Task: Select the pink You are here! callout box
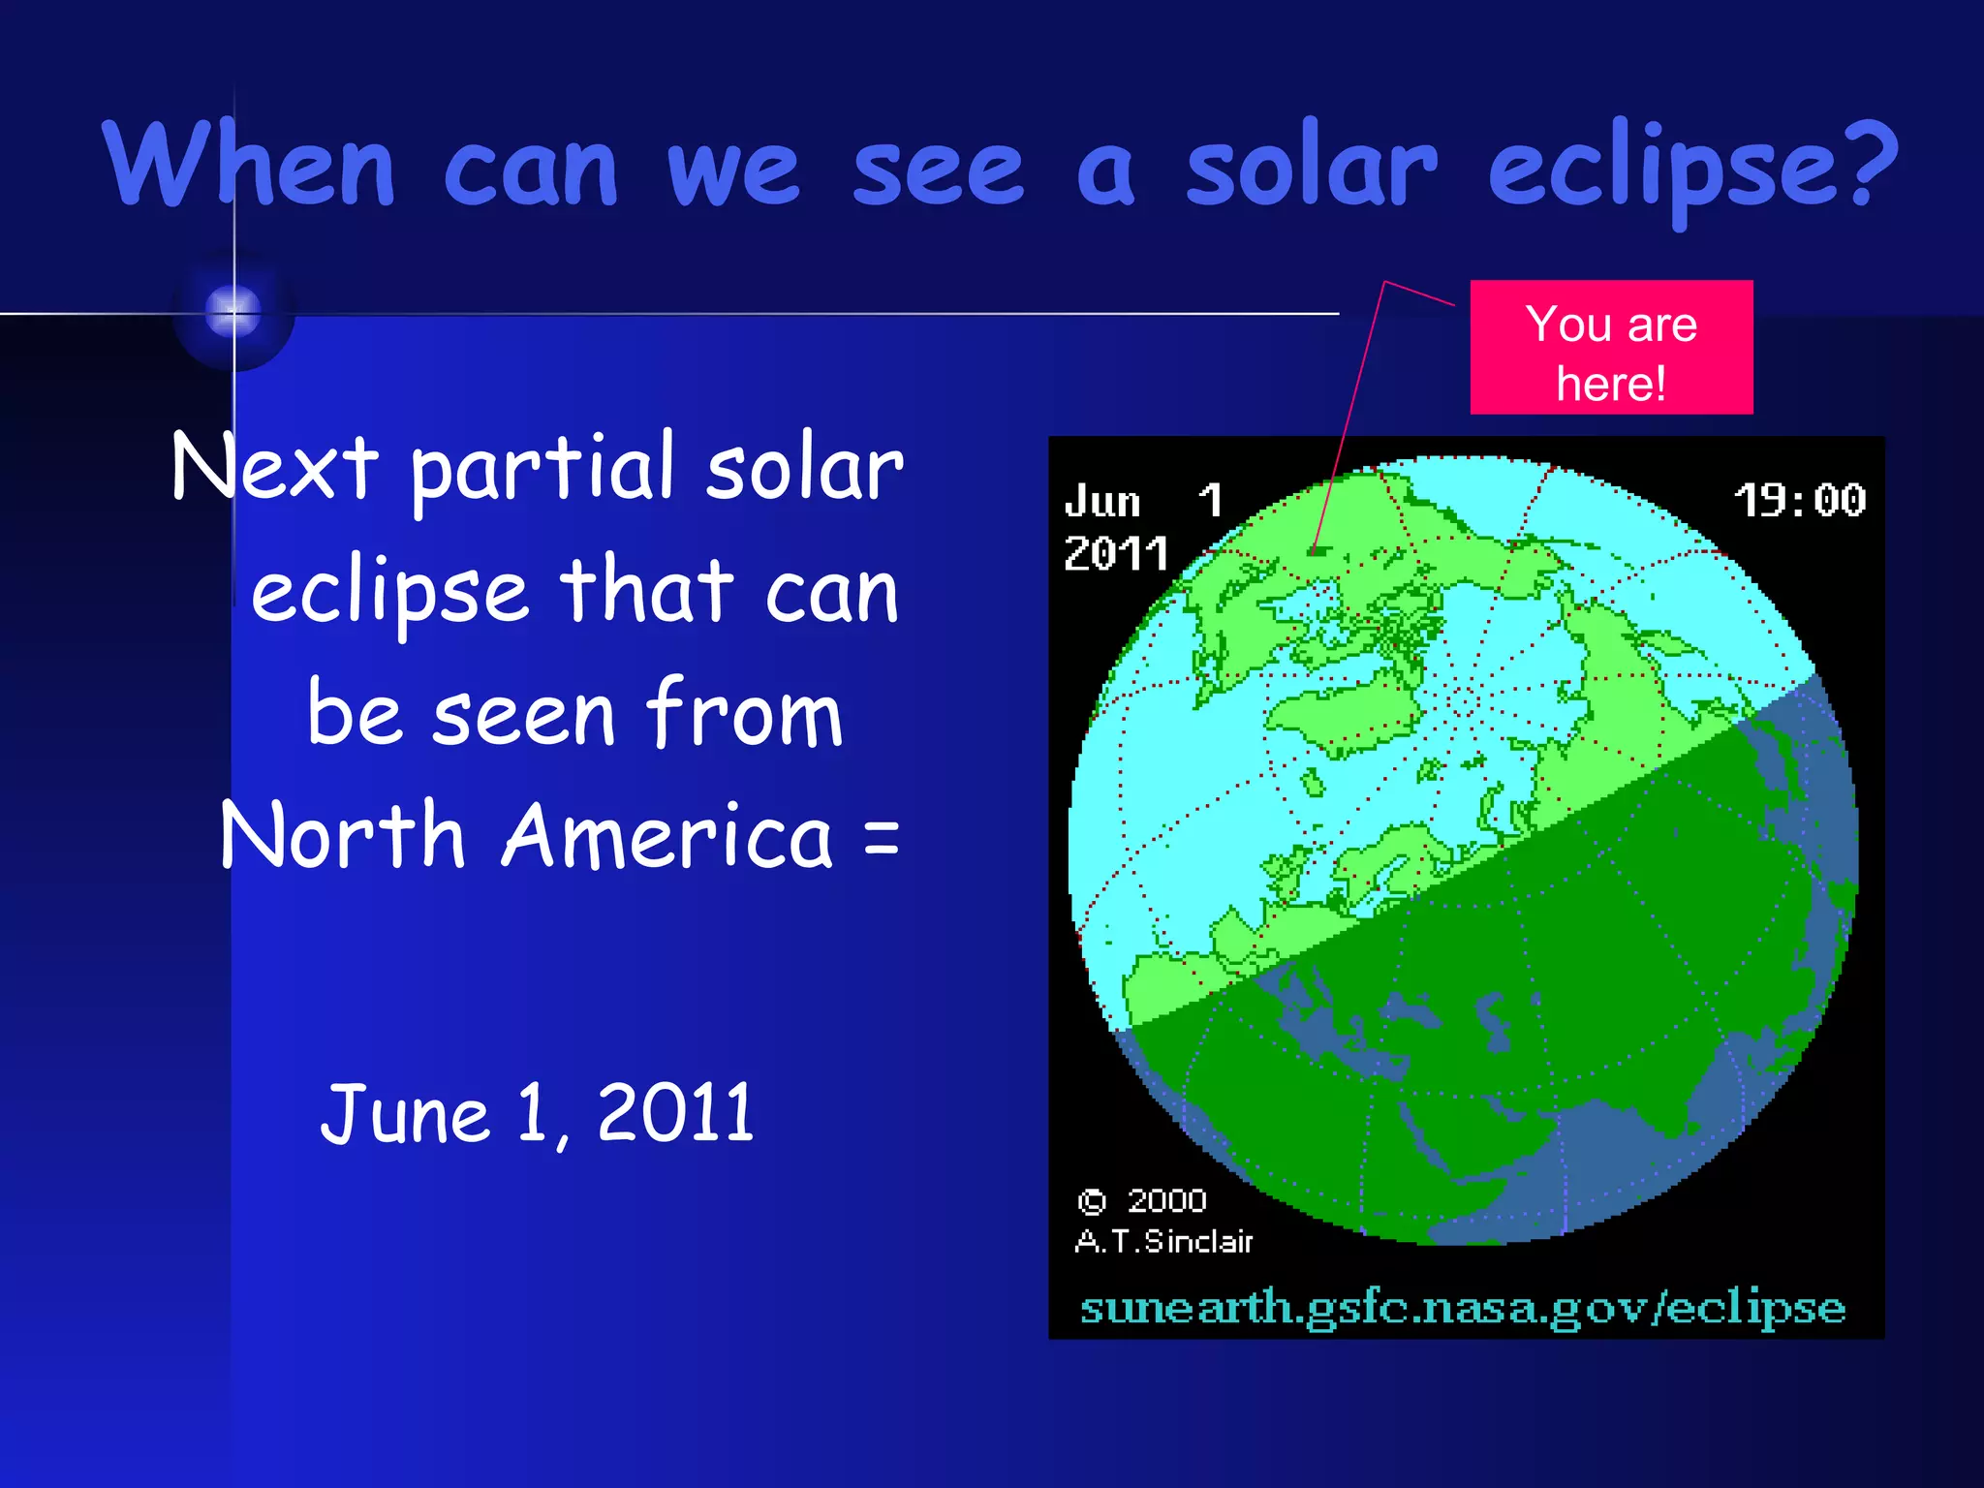pos(1611,348)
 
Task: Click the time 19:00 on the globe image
pos(1799,501)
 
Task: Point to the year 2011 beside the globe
pos(1116,554)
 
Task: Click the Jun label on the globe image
pos(1102,502)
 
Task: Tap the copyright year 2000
pos(1166,1201)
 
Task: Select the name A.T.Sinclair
pos(1163,1241)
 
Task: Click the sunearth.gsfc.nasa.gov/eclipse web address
pos(1462,1310)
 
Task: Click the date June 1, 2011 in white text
pos(538,1114)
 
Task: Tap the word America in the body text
pos(667,835)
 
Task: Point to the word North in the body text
pos(343,835)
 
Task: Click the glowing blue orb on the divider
pos(233,312)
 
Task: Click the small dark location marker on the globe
pos(1317,550)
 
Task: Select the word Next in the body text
pos(274,467)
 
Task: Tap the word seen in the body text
pos(524,715)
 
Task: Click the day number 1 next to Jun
pos(1210,501)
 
